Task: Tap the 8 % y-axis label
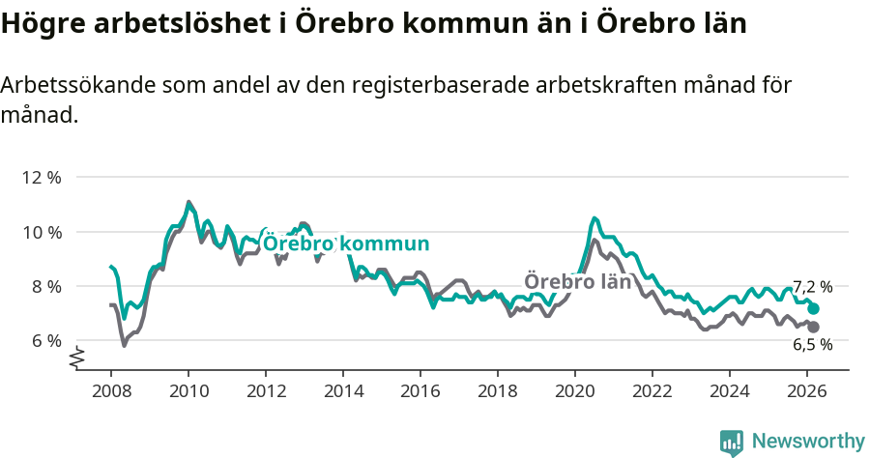pyautogui.click(x=46, y=286)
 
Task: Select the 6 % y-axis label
pyautogui.click(x=46, y=340)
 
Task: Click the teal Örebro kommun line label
pyautogui.click(x=345, y=243)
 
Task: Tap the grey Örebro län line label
pyautogui.click(x=577, y=282)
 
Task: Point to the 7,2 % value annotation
pyautogui.click(x=812, y=287)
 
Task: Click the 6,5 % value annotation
pyautogui.click(x=812, y=345)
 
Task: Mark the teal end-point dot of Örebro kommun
pyautogui.click(x=814, y=308)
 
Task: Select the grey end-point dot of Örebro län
pyautogui.click(x=814, y=328)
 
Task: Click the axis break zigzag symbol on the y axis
pyautogui.click(x=77, y=358)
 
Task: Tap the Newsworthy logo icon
pyautogui.click(x=732, y=443)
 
